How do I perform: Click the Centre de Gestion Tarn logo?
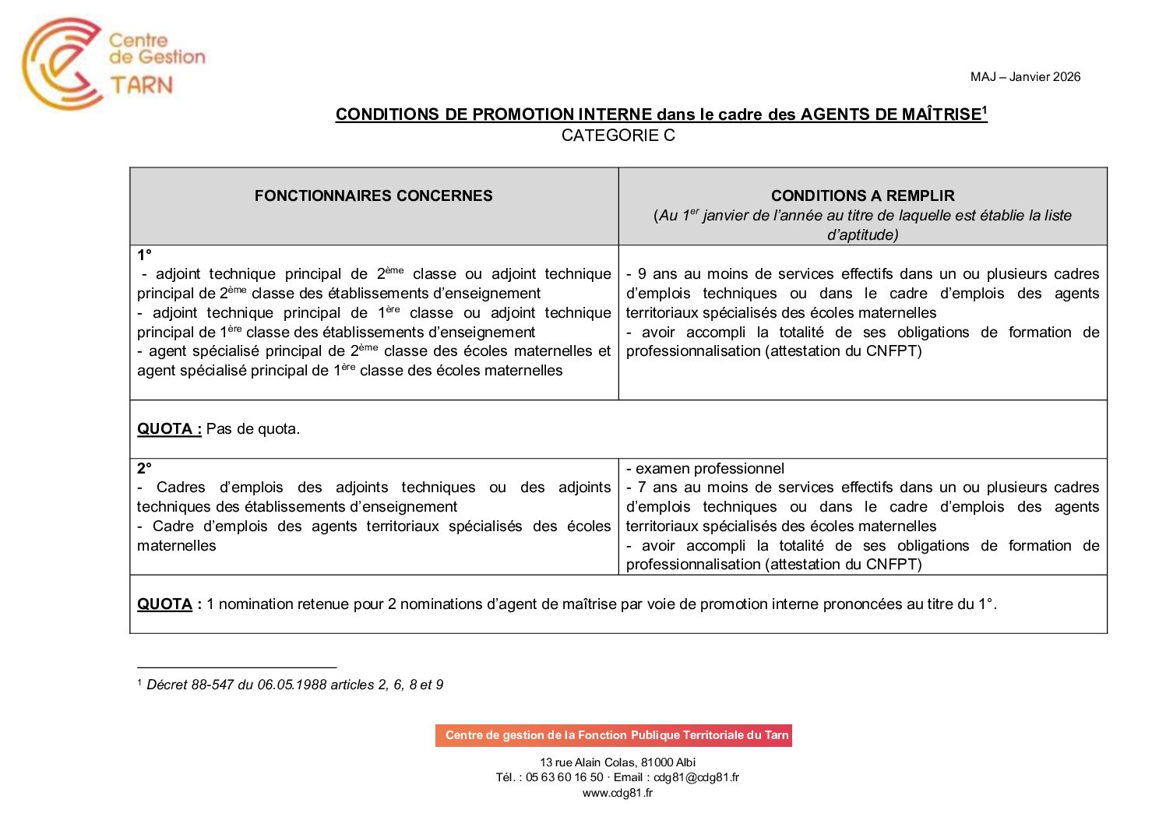(x=113, y=63)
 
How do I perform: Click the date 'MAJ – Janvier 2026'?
(x=1025, y=77)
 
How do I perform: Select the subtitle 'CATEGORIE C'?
(x=618, y=136)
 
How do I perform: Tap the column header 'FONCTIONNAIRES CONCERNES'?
(x=373, y=196)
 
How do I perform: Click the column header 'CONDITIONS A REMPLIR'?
(x=862, y=196)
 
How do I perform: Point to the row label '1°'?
(x=144, y=255)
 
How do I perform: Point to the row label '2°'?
(x=144, y=469)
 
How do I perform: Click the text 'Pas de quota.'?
(x=252, y=429)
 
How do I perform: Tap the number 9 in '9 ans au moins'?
(x=642, y=274)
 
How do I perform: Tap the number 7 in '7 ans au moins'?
(x=642, y=488)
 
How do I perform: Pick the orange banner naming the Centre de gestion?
(x=614, y=735)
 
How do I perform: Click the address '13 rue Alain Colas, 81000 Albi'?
(x=618, y=762)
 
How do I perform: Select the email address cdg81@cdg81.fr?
(x=696, y=777)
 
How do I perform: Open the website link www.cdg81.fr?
(x=618, y=793)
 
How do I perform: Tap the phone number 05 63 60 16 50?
(x=564, y=777)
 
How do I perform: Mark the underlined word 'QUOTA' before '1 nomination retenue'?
(x=164, y=604)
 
